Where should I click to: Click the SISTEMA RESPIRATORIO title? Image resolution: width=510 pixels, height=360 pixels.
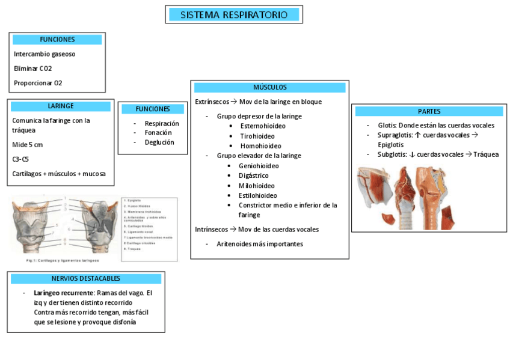click(x=234, y=14)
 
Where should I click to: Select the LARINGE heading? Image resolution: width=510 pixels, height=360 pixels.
click(x=61, y=106)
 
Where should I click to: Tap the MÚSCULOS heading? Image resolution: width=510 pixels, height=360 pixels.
click(x=269, y=88)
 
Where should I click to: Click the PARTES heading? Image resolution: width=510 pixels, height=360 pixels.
click(x=429, y=111)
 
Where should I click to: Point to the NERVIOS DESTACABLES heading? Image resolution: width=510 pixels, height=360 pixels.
click(x=86, y=279)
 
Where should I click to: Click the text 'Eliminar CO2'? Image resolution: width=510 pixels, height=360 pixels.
click(x=33, y=69)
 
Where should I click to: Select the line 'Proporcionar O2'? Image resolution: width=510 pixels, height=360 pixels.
click(x=38, y=83)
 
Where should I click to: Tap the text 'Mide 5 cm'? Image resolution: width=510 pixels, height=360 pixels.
click(x=28, y=145)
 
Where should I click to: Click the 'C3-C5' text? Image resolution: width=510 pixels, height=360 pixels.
click(x=20, y=159)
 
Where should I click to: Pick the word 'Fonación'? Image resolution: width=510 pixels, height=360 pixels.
click(x=158, y=133)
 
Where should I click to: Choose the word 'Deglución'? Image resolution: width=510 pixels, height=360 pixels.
click(x=159, y=142)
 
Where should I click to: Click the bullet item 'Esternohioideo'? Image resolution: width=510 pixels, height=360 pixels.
click(x=263, y=126)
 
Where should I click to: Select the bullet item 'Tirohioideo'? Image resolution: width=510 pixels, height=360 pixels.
click(x=258, y=136)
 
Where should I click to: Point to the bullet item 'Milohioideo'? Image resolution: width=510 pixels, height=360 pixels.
click(x=256, y=186)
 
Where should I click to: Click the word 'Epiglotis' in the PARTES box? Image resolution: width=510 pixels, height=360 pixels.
click(x=391, y=145)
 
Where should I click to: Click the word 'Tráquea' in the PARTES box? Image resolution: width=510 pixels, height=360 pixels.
click(x=486, y=154)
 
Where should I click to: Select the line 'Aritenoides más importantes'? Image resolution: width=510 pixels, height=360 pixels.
click(x=260, y=244)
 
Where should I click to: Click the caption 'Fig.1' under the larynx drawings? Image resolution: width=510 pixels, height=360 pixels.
click(x=34, y=261)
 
